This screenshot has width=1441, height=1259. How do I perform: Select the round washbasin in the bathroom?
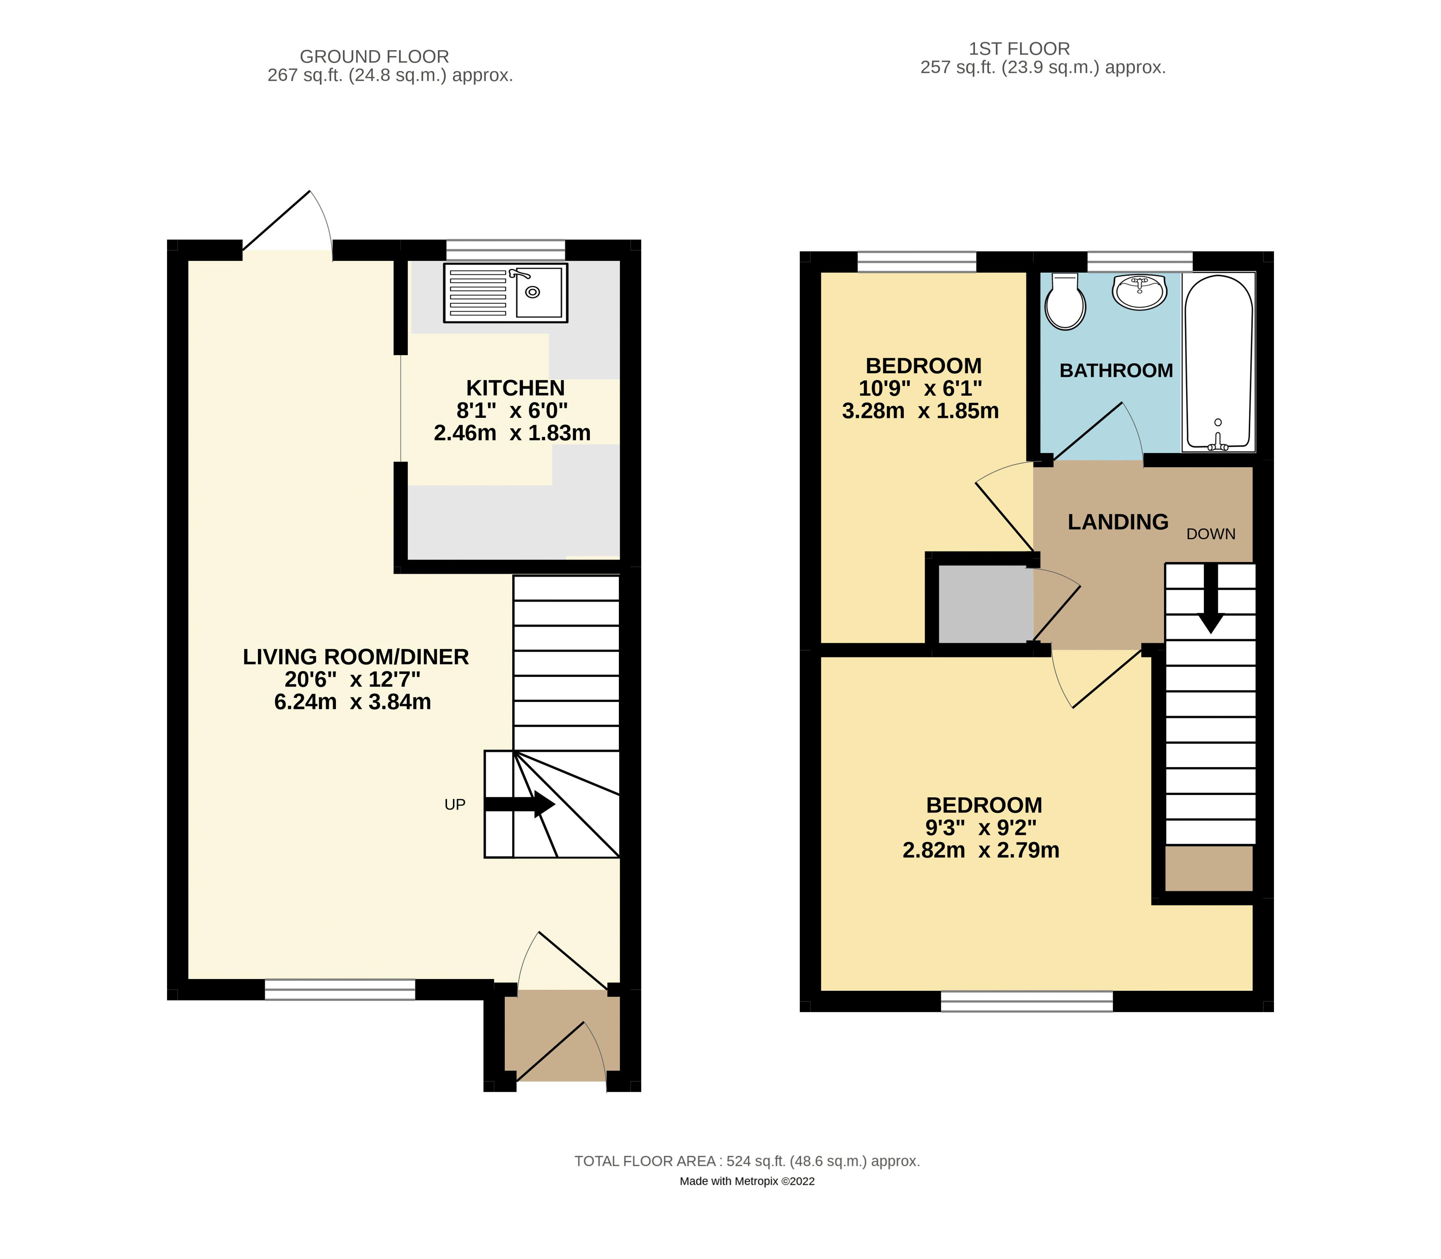[1139, 291]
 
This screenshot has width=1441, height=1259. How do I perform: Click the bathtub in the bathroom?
[1218, 362]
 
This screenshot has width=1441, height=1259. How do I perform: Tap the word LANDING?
[1118, 522]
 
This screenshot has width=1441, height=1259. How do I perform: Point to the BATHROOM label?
[1116, 370]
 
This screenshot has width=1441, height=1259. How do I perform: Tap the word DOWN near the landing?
[1211, 534]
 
